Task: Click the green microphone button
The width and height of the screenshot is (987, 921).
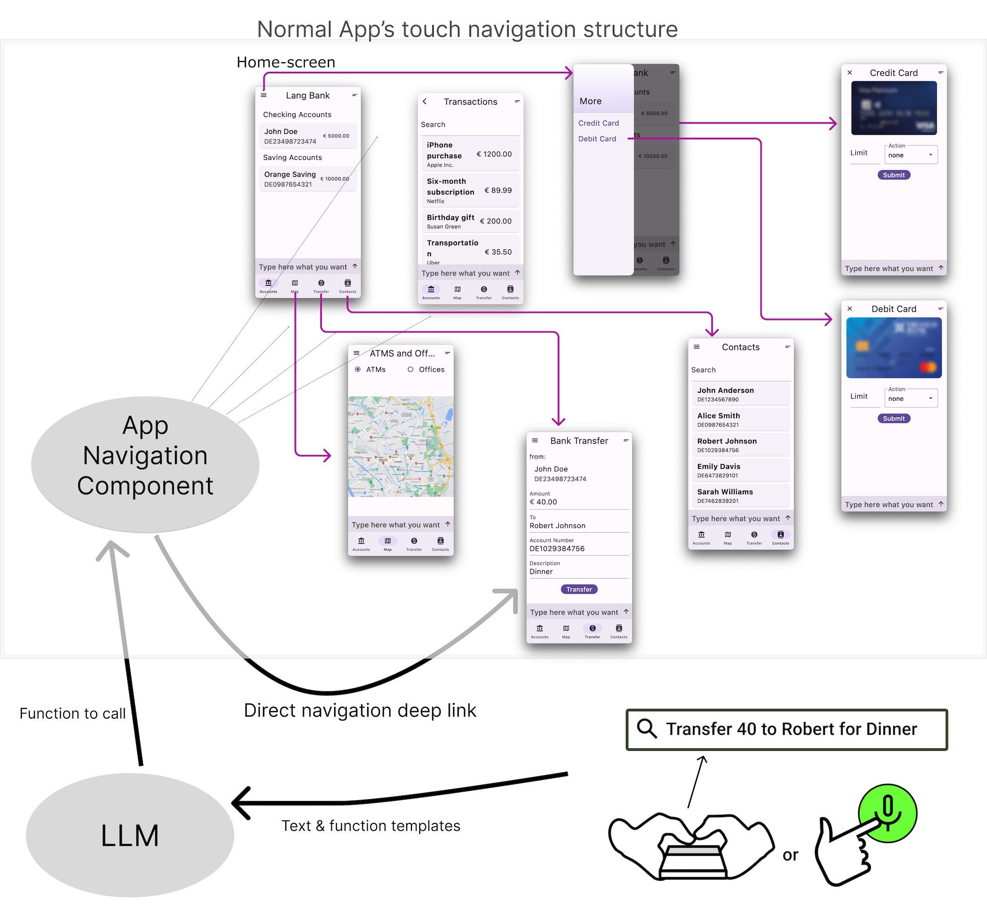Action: point(888,813)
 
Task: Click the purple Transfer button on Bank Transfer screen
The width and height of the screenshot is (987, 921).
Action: point(579,589)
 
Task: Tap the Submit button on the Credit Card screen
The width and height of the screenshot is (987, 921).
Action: point(893,175)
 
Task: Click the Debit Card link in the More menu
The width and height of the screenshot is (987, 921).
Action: point(597,139)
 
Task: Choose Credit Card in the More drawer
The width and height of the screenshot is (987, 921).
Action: point(598,123)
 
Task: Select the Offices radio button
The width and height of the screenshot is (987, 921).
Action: point(410,369)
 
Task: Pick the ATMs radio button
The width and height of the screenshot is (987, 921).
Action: point(358,369)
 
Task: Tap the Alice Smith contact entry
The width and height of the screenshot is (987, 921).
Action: point(740,419)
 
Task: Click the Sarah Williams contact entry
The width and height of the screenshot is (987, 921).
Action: point(740,495)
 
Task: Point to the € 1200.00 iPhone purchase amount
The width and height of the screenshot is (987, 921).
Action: point(494,154)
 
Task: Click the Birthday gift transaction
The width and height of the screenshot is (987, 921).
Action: point(470,221)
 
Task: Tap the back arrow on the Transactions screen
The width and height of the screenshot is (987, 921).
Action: point(425,101)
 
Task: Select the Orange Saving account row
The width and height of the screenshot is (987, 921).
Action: point(307,179)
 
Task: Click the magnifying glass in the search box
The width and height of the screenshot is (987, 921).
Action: point(647,729)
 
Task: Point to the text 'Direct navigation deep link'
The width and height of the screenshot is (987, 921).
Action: point(360,711)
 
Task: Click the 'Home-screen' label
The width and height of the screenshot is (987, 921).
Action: point(286,62)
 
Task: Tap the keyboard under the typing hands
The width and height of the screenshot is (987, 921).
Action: point(692,861)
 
